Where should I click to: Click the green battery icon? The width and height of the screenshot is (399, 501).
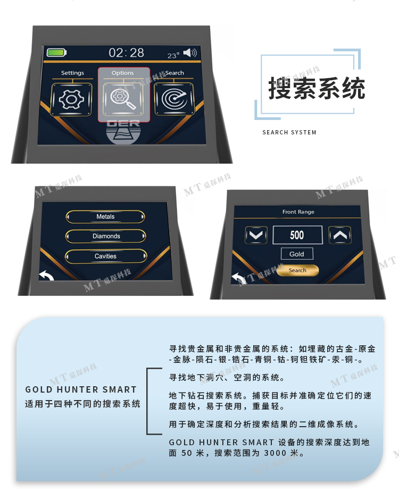click(x=56, y=53)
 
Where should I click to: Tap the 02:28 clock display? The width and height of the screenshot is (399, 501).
click(x=127, y=53)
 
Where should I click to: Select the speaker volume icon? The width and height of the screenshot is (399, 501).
click(x=190, y=53)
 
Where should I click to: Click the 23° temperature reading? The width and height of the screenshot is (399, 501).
click(x=173, y=55)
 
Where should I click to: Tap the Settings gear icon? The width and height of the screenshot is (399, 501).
click(x=72, y=99)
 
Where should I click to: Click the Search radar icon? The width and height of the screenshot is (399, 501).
click(x=174, y=99)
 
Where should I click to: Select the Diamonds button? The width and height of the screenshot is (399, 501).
click(x=106, y=236)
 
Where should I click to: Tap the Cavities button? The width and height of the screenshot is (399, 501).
click(x=106, y=256)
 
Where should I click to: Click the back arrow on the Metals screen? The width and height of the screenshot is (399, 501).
click(x=46, y=275)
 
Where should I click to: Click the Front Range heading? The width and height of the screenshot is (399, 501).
click(x=298, y=212)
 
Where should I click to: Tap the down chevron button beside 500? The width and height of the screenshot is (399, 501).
click(x=256, y=235)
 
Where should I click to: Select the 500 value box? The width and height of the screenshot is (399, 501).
click(x=297, y=235)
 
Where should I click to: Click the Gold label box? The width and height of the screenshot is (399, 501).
click(x=297, y=254)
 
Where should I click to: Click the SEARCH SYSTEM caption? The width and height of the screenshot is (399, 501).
click(x=289, y=132)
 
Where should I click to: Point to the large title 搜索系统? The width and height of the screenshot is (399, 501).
click(x=317, y=88)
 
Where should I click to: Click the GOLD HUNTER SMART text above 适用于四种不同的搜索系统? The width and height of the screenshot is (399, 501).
click(x=81, y=389)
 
